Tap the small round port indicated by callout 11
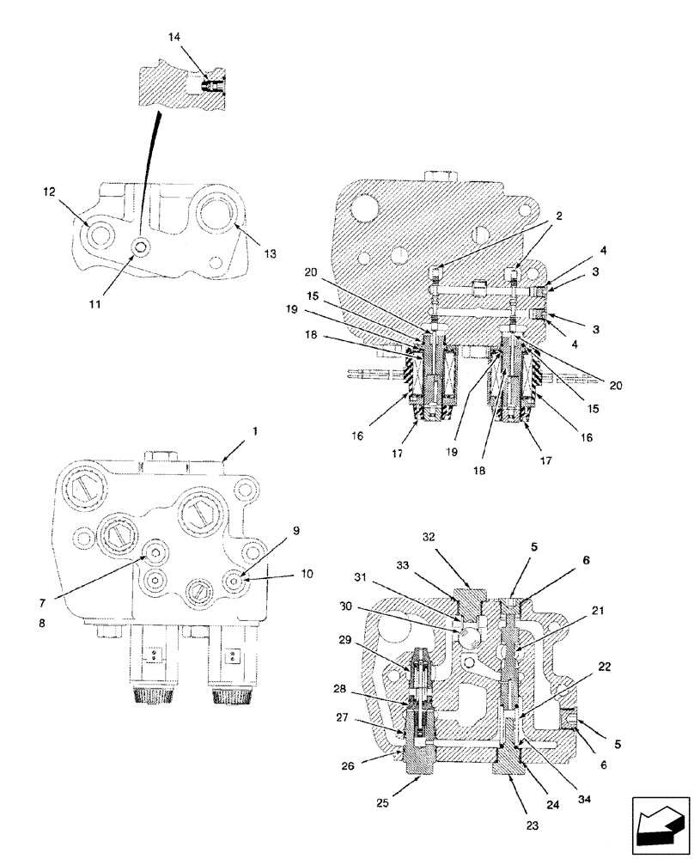pos(140,247)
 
